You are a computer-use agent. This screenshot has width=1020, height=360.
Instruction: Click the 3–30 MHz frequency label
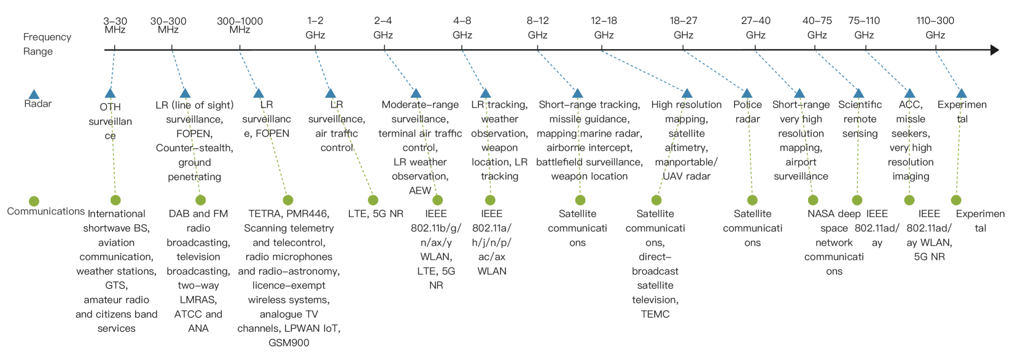(115, 25)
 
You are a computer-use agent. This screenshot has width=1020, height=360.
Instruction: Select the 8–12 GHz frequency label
(537, 28)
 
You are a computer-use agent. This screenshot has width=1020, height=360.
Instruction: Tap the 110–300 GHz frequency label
(935, 28)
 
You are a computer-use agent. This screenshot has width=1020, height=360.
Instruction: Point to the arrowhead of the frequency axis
(994, 50)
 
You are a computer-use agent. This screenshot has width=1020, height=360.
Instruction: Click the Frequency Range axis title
(47, 44)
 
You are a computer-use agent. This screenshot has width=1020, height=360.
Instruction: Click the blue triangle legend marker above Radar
(34, 94)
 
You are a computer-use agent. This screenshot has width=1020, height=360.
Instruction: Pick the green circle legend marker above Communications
(34, 201)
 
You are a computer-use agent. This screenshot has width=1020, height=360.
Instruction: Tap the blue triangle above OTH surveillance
(110, 93)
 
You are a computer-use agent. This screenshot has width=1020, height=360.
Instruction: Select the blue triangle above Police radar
(747, 93)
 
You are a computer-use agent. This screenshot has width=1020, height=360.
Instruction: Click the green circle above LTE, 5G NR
(373, 200)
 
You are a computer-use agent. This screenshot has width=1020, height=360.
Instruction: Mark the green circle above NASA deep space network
(813, 200)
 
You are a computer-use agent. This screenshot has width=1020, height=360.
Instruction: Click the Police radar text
(747, 112)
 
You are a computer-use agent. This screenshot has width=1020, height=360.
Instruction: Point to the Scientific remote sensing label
(860, 119)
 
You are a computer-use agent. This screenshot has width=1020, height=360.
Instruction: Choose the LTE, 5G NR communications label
(376, 214)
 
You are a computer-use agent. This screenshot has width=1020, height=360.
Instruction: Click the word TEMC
(655, 314)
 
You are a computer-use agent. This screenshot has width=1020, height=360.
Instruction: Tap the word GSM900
(289, 343)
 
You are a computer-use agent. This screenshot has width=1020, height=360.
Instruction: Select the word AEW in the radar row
(420, 190)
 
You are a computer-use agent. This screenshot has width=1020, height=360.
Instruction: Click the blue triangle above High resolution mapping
(687, 93)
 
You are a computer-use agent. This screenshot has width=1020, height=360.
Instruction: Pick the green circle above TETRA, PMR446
(288, 200)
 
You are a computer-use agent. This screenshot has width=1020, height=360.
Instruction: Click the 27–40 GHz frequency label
(755, 28)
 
